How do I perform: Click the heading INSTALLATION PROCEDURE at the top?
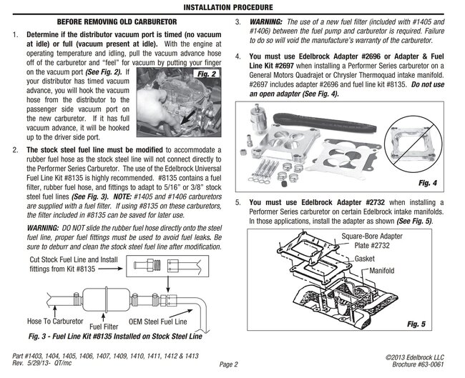click(232, 7)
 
